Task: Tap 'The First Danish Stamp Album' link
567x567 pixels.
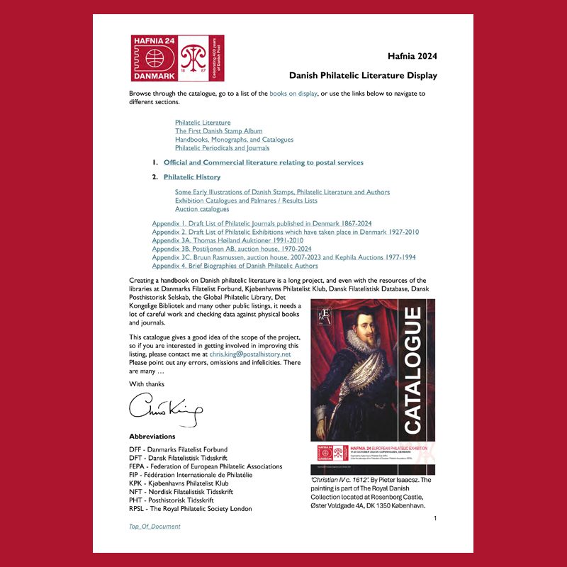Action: [218, 131]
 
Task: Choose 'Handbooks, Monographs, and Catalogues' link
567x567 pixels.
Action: [234, 140]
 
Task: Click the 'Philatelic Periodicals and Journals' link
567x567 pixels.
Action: [222, 148]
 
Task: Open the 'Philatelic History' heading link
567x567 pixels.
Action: [192, 177]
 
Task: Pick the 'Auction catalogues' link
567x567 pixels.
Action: [202, 209]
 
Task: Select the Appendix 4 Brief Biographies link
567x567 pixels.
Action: [235, 266]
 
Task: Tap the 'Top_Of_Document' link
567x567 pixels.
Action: [155, 527]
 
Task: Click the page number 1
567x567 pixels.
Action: [435, 519]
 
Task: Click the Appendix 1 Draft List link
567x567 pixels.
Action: [262, 224]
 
